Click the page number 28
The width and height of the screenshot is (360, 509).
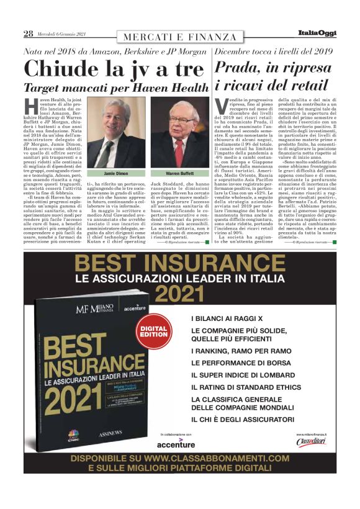pyautogui.click(x=28, y=34)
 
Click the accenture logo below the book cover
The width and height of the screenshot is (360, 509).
pyautogui.click(x=176, y=444)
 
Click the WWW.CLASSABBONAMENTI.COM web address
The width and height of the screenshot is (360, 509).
pyautogui.click(x=210, y=459)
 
